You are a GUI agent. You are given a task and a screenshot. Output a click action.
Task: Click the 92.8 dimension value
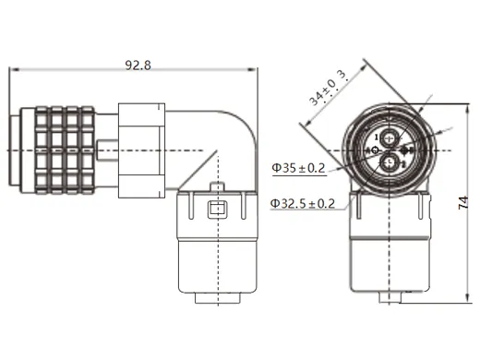point(138,65)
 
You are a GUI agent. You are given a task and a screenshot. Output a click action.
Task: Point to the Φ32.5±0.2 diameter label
point(303,202)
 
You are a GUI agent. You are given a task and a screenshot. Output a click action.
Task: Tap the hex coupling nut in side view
point(142,149)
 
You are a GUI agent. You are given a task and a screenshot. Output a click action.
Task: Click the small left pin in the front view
point(376,150)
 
